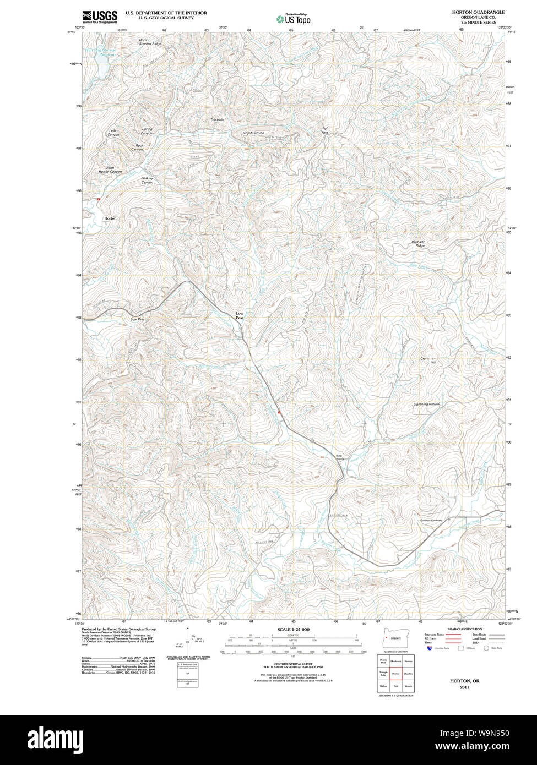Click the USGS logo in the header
tap(100, 17)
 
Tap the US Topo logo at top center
tap(293, 19)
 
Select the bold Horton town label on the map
tap(111, 218)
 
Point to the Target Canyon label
tap(253, 133)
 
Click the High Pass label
tap(325, 130)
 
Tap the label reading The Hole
tap(217, 119)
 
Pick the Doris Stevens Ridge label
tap(150, 42)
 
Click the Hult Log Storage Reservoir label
tap(101, 52)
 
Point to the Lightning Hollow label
tap(427, 405)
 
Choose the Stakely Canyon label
tap(147, 180)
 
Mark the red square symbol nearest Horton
tap(99, 199)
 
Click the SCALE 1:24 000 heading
tap(293, 629)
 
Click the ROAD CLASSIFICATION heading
tap(464, 629)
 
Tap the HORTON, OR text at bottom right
tap(464, 681)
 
